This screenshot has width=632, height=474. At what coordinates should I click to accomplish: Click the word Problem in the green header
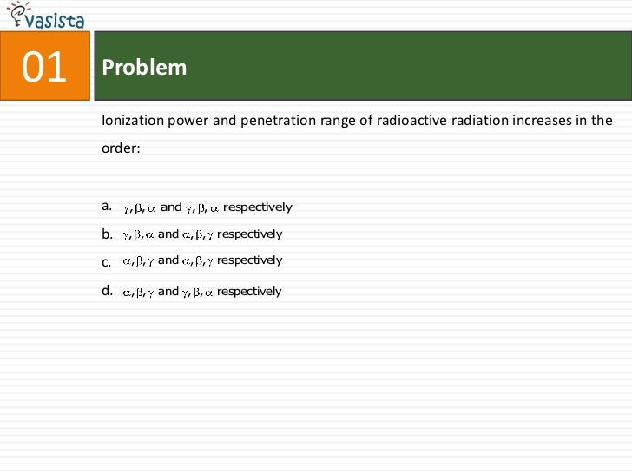point(144,68)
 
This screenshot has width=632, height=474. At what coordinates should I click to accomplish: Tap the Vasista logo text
point(58,21)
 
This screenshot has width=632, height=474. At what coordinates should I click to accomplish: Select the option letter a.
point(107,207)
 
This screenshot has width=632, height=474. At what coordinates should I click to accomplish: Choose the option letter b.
point(107,234)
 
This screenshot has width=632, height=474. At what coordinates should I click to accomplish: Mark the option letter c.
point(106,261)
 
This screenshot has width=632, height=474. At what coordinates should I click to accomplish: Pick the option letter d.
point(107,291)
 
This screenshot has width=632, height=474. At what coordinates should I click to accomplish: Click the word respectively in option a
point(258,207)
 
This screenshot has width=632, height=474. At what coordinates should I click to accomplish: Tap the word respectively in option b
point(250,234)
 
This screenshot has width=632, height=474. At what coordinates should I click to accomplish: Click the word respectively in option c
point(250,260)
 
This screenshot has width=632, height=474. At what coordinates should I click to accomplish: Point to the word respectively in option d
point(249,292)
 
